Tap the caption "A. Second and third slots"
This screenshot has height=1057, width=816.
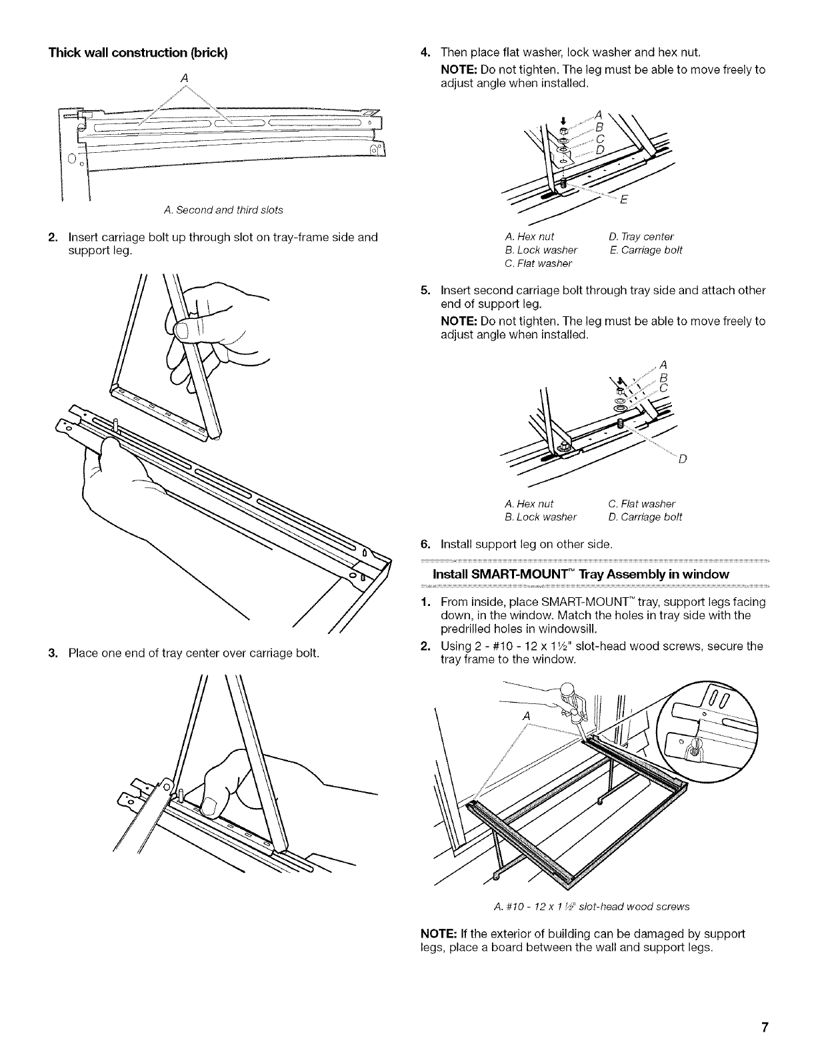click(x=223, y=210)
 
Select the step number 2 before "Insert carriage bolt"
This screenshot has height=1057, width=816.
click(x=51, y=237)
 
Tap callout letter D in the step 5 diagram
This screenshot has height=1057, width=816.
click(x=681, y=460)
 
